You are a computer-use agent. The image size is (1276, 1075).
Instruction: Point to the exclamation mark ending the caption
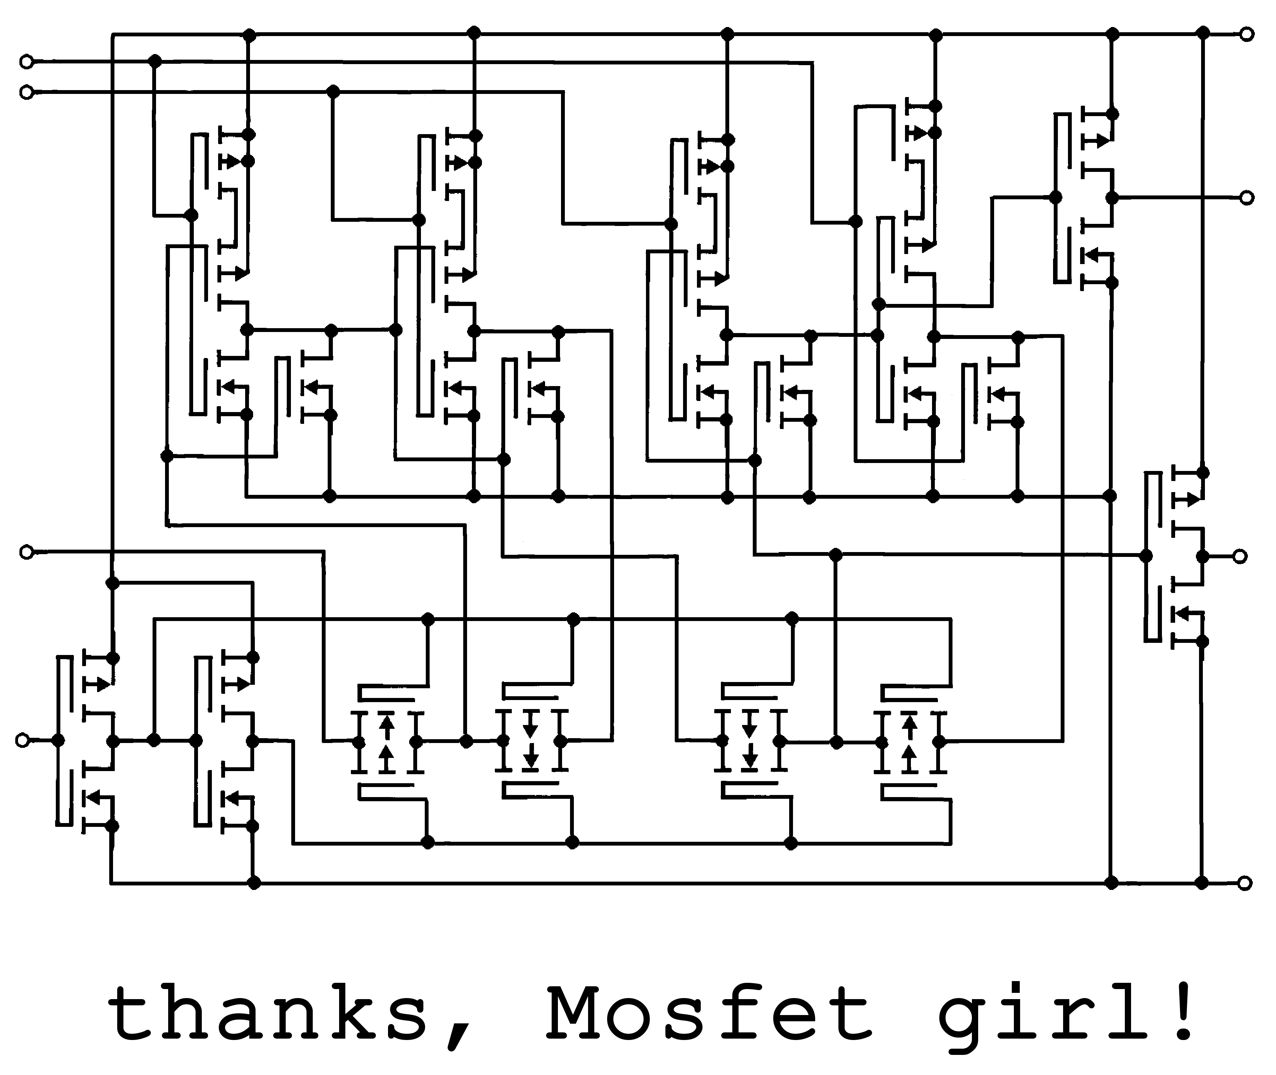click(x=1183, y=1012)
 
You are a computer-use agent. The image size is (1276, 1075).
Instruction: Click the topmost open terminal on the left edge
click(x=26, y=62)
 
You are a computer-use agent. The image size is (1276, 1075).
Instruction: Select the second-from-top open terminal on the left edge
click(x=26, y=93)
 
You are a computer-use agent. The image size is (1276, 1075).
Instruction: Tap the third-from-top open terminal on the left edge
click(x=26, y=552)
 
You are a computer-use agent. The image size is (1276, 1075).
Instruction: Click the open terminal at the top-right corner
click(x=1247, y=34)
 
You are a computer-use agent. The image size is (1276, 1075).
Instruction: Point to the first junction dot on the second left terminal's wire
click(x=333, y=92)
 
